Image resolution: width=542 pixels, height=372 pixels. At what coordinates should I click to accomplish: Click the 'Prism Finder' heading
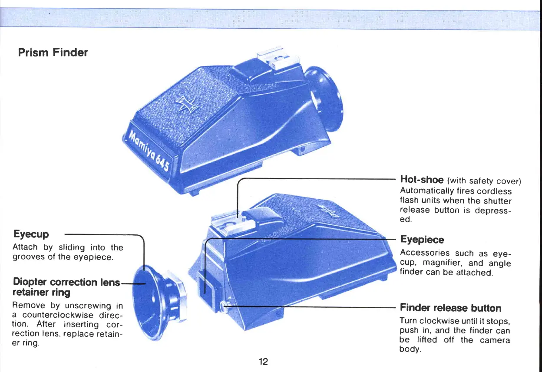coord(53,53)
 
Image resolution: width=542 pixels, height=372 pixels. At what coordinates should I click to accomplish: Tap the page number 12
coord(263,361)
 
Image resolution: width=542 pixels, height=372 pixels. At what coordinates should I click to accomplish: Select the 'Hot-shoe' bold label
coord(422,180)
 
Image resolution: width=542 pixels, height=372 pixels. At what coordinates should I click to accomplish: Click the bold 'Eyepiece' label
coord(422,240)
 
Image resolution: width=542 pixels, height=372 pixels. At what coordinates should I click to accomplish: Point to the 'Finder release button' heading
coord(450,308)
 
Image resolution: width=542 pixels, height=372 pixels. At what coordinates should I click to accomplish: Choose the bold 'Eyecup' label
coord(31,234)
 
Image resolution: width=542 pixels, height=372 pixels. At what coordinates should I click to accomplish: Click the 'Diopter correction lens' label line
coord(66,282)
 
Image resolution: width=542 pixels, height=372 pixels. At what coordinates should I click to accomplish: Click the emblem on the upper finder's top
coord(184,104)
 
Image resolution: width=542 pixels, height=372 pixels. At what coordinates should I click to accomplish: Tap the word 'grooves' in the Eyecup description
coord(27,257)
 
